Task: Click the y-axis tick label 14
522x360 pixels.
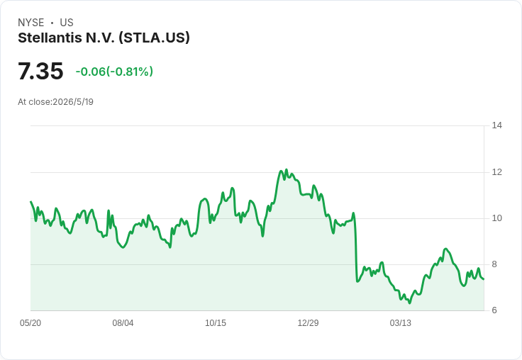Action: (496, 125)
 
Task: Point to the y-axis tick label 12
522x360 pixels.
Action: (496, 172)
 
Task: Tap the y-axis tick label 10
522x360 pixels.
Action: (496, 218)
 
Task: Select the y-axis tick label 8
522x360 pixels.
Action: (494, 264)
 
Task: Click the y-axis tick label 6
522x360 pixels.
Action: (494, 310)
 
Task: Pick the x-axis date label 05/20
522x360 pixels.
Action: (30, 322)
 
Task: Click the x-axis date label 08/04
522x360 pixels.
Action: (123, 322)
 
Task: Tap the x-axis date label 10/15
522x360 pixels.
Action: (216, 322)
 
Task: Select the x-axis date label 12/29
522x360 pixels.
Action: (308, 322)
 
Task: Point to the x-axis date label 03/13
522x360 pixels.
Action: (401, 322)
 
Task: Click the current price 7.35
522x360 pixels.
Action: (40, 71)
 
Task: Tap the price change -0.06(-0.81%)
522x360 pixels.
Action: (114, 72)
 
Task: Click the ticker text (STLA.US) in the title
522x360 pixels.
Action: (154, 38)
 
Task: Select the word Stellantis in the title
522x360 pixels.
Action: (50, 38)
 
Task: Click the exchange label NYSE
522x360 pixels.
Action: (31, 23)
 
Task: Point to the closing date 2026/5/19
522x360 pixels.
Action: (73, 102)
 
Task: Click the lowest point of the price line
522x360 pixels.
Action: (409, 303)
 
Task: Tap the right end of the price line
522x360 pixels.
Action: (484, 279)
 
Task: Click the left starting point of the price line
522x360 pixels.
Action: (31, 202)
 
